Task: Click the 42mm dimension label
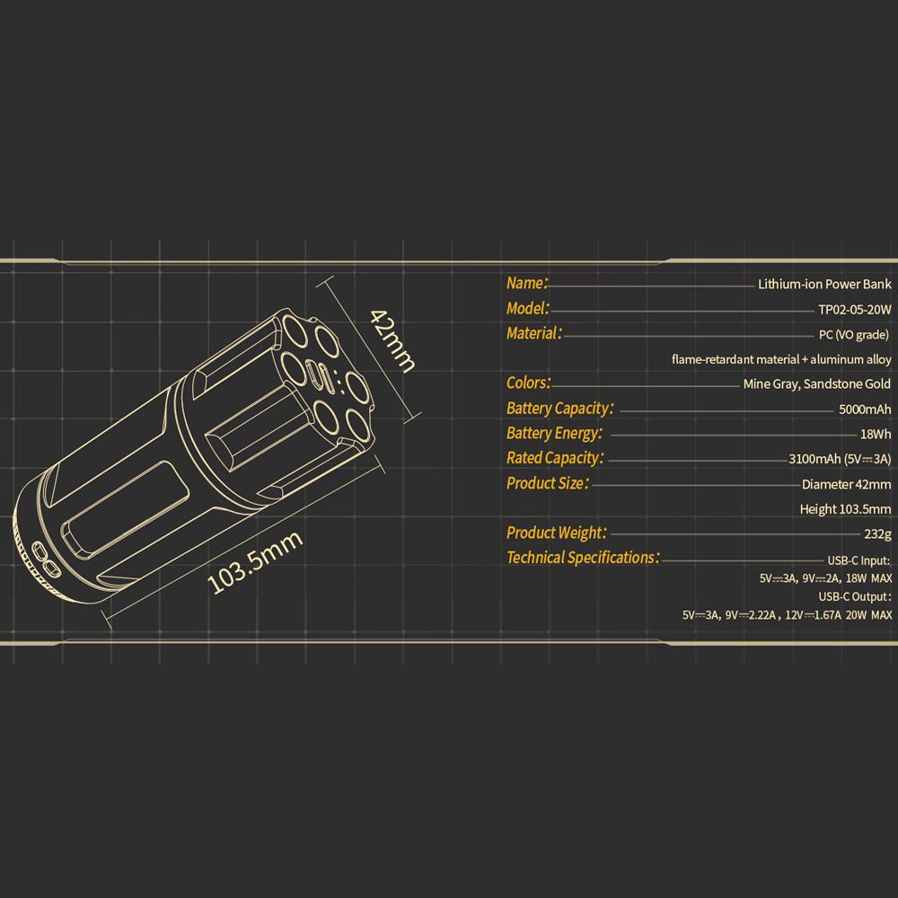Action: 393,340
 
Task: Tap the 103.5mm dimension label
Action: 255,562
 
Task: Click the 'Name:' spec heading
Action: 527,283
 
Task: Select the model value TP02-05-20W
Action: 855,310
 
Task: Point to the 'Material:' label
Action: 534,333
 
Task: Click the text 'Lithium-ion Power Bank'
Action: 824,284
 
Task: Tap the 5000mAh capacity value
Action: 865,409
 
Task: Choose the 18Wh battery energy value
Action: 876,434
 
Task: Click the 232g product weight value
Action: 878,533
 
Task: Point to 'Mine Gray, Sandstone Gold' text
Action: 816,384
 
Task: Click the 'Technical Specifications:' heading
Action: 583,558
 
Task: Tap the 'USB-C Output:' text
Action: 855,596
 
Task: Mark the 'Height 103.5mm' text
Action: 845,509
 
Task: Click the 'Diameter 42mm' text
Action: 847,485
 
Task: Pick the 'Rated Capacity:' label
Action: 555,458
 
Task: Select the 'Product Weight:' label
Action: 557,533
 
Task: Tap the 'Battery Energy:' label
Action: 554,433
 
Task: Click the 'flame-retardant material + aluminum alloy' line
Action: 781,360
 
